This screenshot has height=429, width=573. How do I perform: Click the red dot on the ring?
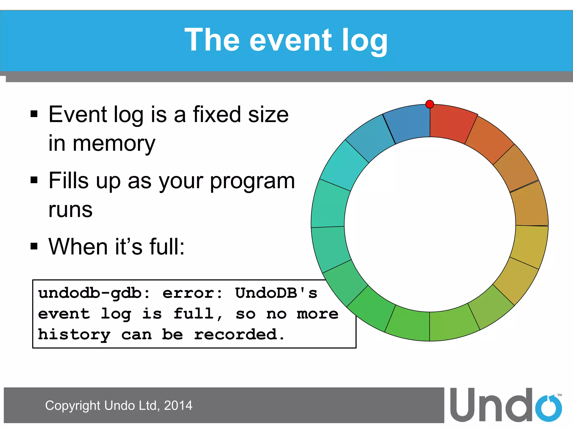click(x=429, y=104)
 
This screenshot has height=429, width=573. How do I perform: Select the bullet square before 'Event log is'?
click(x=34, y=114)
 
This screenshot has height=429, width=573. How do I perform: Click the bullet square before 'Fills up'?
click(x=34, y=180)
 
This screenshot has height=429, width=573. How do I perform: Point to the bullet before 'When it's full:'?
click(x=34, y=246)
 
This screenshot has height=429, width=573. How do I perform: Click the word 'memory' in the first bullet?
click(x=114, y=144)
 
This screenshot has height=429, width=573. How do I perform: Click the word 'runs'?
click(x=70, y=210)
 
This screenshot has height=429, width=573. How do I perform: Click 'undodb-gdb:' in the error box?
click(x=94, y=294)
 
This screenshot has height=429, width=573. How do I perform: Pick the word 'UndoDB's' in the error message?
click(x=276, y=294)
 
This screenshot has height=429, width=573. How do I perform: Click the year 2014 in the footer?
click(x=178, y=406)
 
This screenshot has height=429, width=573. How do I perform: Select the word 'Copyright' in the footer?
click(x=73, y=406)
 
